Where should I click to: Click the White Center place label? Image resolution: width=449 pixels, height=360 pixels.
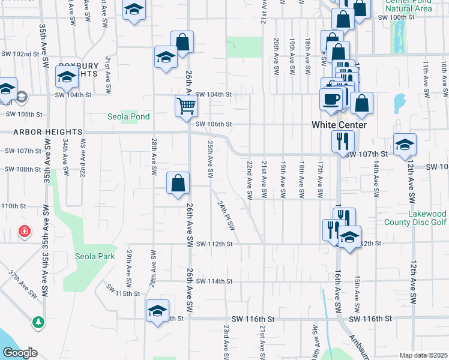(x=339, y=125)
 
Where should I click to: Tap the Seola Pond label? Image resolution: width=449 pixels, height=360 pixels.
(x=128, y=116)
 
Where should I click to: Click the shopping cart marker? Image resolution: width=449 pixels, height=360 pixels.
(x=186, y=106)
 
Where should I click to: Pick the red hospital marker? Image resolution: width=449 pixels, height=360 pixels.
(x=25, y=231)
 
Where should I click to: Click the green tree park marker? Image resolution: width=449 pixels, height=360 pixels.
(x=38, y=322)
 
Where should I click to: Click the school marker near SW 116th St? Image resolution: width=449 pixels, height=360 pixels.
(x=157, y=311)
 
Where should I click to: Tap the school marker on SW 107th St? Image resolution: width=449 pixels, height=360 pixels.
(x=405, y=144)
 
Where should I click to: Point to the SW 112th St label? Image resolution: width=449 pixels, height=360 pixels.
(x=213, y=244)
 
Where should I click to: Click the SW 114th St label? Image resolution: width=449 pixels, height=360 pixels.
(x=213, y=281)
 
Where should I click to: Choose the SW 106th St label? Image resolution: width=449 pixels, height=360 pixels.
(x=213, y=124)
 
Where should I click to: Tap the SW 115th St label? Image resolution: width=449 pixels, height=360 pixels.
(x=122, y=293)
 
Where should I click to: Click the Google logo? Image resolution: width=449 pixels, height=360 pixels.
(x=19, y=353)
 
